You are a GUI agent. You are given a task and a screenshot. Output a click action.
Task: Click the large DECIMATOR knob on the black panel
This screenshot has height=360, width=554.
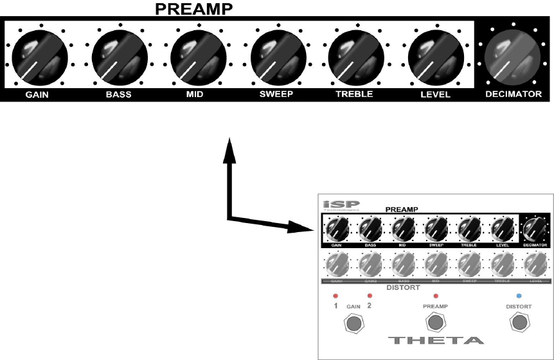[x=512, y=55]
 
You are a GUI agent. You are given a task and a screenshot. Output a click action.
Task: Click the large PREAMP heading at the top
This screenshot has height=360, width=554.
[x=195, y=9]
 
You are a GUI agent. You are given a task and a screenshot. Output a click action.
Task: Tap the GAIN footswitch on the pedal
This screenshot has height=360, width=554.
[x=353, y=324]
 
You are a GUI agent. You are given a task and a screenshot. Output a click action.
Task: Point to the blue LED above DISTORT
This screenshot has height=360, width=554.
[x=519, y=296]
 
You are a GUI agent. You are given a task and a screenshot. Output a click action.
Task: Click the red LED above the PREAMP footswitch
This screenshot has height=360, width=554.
[x=436, y=296]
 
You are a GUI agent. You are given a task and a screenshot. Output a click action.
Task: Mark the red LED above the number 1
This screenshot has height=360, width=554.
[x=335, y=296]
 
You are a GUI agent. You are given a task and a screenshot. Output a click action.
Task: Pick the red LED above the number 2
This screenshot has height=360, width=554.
[x=370, y=296]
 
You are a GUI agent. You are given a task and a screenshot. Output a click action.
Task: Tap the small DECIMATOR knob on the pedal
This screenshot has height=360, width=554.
[x=533, y=228]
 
